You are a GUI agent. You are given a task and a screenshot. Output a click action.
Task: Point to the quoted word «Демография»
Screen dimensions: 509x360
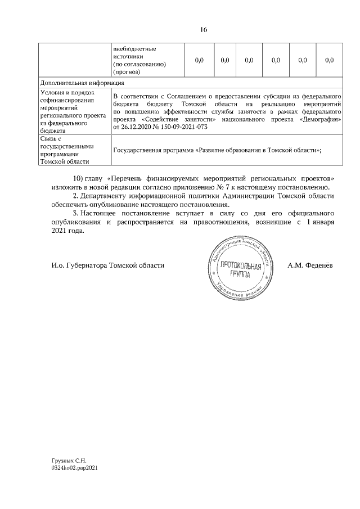coord(319,119)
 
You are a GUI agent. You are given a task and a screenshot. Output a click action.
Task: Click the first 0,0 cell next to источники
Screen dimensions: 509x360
coord(199,60)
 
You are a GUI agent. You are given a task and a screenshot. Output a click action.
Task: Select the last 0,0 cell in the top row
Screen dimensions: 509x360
coord(330,60)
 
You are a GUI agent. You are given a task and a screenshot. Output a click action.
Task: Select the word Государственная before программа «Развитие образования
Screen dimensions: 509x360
coord(138,150)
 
